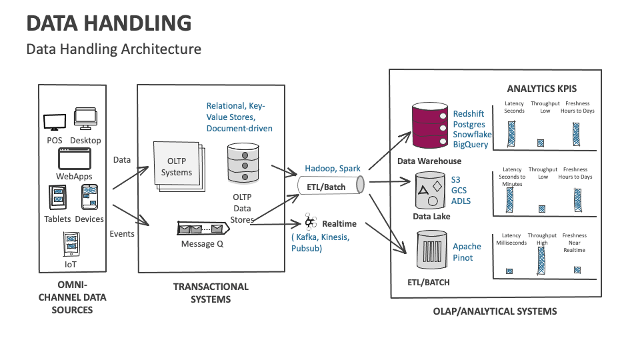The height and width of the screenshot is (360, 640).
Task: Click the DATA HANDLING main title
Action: (109, 23)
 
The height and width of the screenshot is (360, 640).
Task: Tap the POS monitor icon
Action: (54, 123)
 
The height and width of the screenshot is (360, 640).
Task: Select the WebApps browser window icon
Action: (74, 159)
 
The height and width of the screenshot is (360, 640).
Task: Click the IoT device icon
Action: (71, 244)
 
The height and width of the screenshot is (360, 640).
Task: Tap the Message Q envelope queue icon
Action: (203, 229)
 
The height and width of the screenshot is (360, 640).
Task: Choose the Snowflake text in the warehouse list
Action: (472, 135)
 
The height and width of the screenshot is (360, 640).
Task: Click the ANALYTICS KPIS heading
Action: (541, 88)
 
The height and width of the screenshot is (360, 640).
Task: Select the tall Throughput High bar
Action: (541, 261)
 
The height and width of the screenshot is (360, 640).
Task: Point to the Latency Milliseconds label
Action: (511, 239)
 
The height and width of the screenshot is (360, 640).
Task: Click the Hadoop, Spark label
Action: (333, 169)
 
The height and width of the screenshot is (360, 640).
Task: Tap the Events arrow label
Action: (122, 233)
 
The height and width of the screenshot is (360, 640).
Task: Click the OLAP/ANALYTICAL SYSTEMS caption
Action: (495, 311)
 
